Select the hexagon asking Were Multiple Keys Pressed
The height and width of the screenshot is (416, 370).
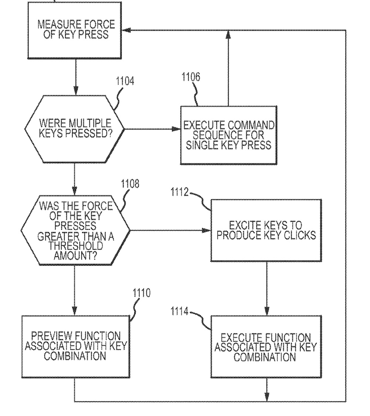(75, 129)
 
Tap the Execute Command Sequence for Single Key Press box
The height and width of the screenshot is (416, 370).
(228, 135)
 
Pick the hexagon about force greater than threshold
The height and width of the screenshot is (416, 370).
(75, 230)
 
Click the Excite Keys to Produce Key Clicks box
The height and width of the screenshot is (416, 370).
(266, 230)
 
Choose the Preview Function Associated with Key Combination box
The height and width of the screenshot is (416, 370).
(75, 346)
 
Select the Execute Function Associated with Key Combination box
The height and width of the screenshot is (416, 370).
(266, 347)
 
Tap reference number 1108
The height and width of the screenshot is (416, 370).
(130, 184)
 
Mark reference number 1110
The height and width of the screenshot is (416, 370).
(141, 293)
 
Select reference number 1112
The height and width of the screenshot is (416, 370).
(180, 192)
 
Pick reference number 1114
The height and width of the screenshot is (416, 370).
(180, 312)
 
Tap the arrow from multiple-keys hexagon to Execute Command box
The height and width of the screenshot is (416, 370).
(152, 129)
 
